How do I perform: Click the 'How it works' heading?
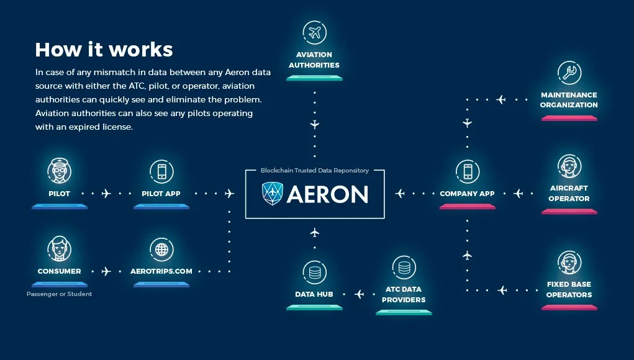[x=104, y=50]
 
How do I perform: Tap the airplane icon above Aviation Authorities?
[x=315, y=33]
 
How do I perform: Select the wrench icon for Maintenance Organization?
[x=569, y=73]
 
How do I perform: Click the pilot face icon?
[x=60, y=171]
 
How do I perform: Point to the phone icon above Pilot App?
[x=161, y=171]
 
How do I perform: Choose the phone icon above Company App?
[x=468, y=171]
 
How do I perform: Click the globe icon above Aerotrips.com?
[x=161, y=250]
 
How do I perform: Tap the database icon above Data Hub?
[x=315, y=272]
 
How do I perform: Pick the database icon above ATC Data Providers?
[x=404, y=268]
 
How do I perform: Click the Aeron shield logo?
[x=272, y=194]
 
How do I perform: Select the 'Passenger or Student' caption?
[x=60, y=294]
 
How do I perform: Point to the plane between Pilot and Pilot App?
[x=106, y=194]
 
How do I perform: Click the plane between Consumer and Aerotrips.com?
[x=106, y=271]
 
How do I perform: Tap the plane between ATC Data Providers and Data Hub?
[x=359, y=294]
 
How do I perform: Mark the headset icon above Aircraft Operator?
[x=569, y=166]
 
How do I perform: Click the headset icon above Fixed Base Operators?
[x=569, y=263]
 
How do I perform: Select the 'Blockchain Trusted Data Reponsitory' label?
[x=315, y=171]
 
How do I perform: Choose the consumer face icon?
[x=60, y=248]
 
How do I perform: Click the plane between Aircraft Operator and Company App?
[x=519, y=194]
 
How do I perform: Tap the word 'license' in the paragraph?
[x=117, y=127]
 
